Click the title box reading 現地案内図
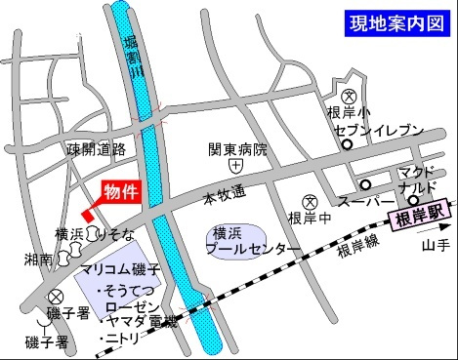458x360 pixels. [x=394, y=23]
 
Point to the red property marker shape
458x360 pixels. [x=87, y=212]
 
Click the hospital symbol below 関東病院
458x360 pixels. [x=234, y=167]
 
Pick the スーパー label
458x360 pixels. [x=358, y=203]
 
